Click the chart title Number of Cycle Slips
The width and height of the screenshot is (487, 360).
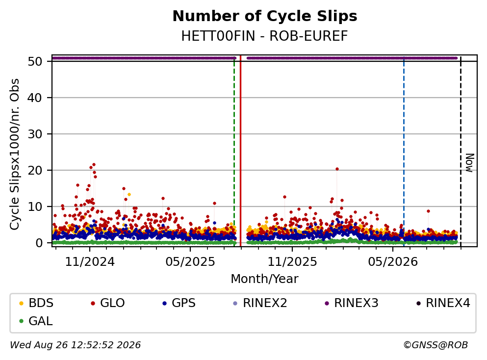coord(265,16)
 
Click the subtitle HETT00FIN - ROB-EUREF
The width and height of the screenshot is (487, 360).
coord(265,36)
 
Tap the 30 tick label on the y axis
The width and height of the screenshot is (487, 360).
coord(35,134)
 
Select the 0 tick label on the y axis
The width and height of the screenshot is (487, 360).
coord(39,243)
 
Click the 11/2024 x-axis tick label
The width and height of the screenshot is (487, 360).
coord(90,262)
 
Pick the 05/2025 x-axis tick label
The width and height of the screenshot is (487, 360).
coord(190,262)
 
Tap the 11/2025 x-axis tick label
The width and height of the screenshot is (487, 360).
coord(292,262)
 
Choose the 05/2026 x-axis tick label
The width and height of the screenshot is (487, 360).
coord(393,262)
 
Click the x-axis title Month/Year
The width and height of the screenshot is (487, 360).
coord(265,279)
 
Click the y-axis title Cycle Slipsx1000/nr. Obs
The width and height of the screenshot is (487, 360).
coord(15,154)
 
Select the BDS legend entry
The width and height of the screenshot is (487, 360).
coord(36,303)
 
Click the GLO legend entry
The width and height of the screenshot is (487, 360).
coord(108,303)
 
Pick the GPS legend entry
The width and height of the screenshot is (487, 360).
coord(179,303)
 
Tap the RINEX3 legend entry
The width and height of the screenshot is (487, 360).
coord(352,303)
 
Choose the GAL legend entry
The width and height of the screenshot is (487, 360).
coord(36,321)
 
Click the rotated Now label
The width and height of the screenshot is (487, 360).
coord(470,163)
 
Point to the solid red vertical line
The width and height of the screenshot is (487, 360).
coord(240,151)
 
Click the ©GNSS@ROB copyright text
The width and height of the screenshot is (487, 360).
coord(436,345)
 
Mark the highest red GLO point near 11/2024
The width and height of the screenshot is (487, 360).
coord(94,165)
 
